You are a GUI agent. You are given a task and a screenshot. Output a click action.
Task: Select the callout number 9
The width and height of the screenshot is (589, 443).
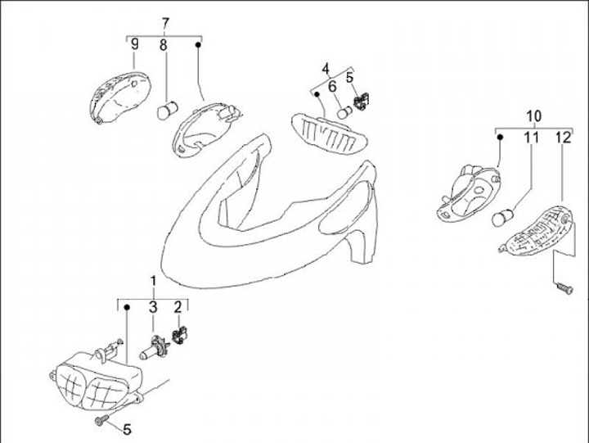(x=135, y=44)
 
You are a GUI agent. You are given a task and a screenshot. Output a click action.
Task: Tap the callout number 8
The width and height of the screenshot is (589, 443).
(x=164, y=45)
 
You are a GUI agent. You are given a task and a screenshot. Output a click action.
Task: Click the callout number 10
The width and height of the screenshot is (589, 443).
(x=533, y=115)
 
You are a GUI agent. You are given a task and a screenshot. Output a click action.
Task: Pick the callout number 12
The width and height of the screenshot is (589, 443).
(x=561, y=138)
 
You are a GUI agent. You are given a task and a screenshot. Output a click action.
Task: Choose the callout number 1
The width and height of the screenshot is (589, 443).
(x=153, y=283)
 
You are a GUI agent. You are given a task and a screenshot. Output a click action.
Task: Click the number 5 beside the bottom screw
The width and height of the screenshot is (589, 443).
(x=127, y=428)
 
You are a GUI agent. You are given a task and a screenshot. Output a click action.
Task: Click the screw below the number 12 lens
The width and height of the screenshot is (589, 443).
(x=562, y=288)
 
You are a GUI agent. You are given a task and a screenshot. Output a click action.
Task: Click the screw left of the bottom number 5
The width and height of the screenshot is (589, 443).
(x=101, y=420)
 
